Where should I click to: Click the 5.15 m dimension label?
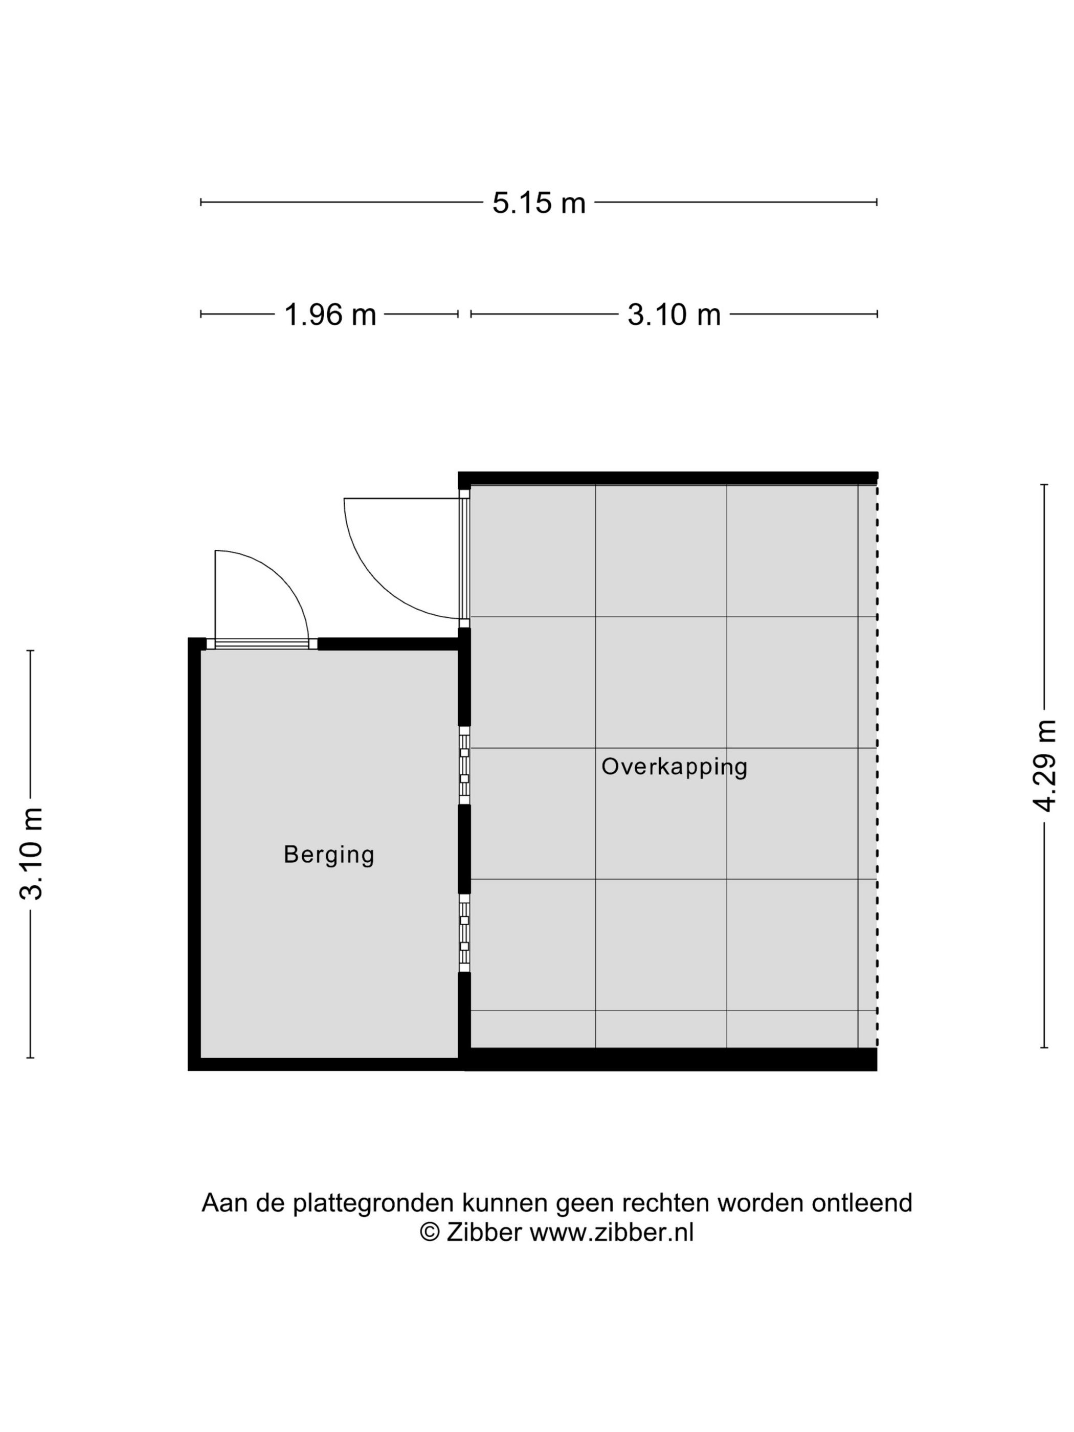click(538, 203)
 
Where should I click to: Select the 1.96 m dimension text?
click(330, 315)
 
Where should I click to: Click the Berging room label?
click(329, 855)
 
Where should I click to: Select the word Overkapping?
click(674, 767)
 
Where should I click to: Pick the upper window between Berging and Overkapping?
click(464, 765)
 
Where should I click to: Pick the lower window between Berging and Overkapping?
click(464, 932)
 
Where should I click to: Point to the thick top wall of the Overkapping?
click(667, 478)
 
